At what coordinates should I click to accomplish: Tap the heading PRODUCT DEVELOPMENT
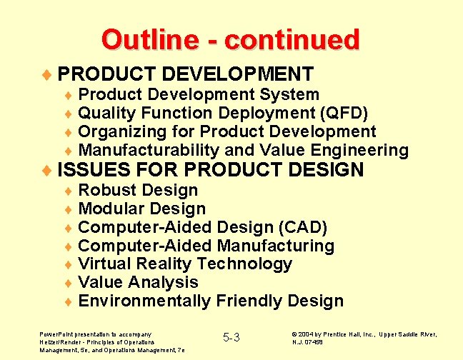(x=185, y=74)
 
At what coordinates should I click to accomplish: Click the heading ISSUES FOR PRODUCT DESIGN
(x=210, y=170)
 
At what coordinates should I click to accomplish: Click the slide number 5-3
(x=231, y=337)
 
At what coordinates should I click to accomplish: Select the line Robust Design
(x=138, y=190)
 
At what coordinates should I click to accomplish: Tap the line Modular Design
(x=141, y=209)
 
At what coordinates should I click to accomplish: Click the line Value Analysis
(x=138, y=282)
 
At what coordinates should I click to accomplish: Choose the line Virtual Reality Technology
(x=185, y=264)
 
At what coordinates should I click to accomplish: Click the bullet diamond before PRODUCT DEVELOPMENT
(x=47, y=74)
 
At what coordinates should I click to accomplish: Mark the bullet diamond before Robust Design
(x=68, y=191)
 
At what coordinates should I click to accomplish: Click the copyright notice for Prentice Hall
(x=364, y=338)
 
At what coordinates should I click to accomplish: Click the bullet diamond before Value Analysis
(x=68, y=283)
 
